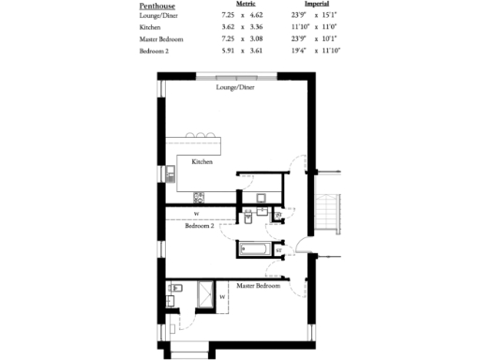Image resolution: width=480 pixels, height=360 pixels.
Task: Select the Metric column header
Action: tap(247, 5)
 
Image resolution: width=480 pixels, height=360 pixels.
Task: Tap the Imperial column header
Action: tap(317, 5)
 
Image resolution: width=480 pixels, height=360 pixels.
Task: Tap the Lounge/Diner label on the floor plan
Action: tap(234, 87)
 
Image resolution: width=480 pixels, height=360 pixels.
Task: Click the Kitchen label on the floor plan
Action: tap(202, 162)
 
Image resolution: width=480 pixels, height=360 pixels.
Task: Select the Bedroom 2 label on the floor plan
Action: tap(200, 226)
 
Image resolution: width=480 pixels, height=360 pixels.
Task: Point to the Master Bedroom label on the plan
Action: tap(258, 286)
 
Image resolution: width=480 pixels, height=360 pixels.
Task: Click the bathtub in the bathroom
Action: tap(254, 249)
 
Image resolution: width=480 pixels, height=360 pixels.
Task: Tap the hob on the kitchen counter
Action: tap(199, 197)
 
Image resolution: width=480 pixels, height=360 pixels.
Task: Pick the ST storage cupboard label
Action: tap(278, 251)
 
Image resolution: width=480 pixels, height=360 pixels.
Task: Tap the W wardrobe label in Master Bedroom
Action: tap(222, 297)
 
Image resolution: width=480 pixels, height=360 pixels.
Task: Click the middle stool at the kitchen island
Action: tap(198, 136)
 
